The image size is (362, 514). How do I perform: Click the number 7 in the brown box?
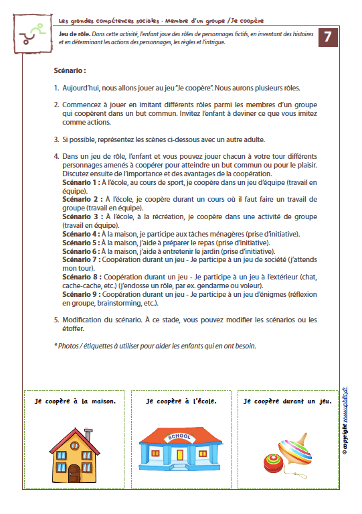(327, 38)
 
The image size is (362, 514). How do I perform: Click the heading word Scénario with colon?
(70, 70)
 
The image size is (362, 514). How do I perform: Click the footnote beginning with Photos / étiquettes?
(155, 346)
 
